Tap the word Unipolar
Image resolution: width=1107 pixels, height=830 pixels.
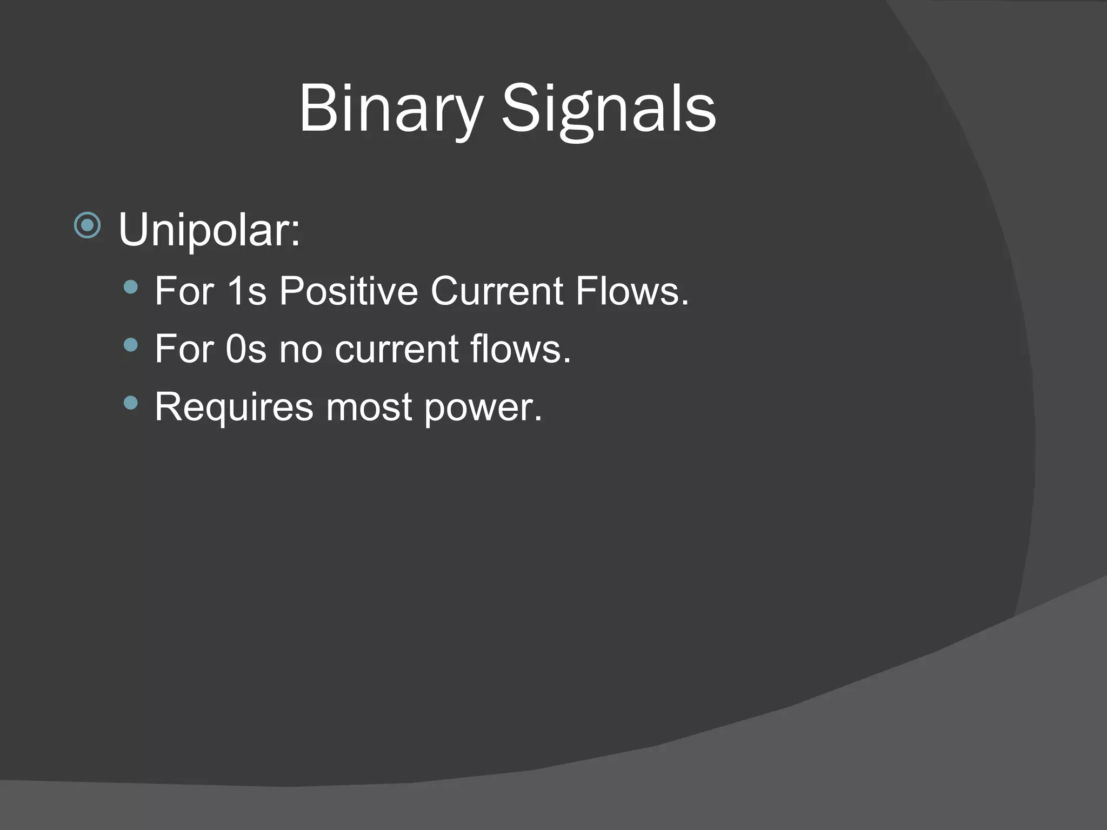click(x=208, y=230)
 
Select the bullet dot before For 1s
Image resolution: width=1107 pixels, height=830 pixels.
click(x=130, y=287)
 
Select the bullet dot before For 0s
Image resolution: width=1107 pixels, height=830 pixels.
click(x=130, y=345)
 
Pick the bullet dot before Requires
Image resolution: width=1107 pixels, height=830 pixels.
click(x=130, y=403)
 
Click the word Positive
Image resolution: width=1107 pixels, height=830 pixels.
click(x=349, y=291)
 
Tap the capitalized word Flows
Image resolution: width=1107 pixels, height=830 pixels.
click(x=631, y=291)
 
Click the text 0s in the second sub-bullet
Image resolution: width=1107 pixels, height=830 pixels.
click(x=246, y=349)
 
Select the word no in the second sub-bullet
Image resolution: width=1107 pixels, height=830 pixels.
click(x=301, y=350)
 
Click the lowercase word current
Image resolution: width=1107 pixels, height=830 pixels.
click(x=397, y=350)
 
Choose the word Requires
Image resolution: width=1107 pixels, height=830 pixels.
click(x=234, y=407)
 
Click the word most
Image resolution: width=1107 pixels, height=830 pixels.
click(x=369, y=407)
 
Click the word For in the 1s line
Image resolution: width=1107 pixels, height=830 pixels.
click(x=184, y=291)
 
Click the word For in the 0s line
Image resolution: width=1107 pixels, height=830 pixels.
click(x=184, y=349)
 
